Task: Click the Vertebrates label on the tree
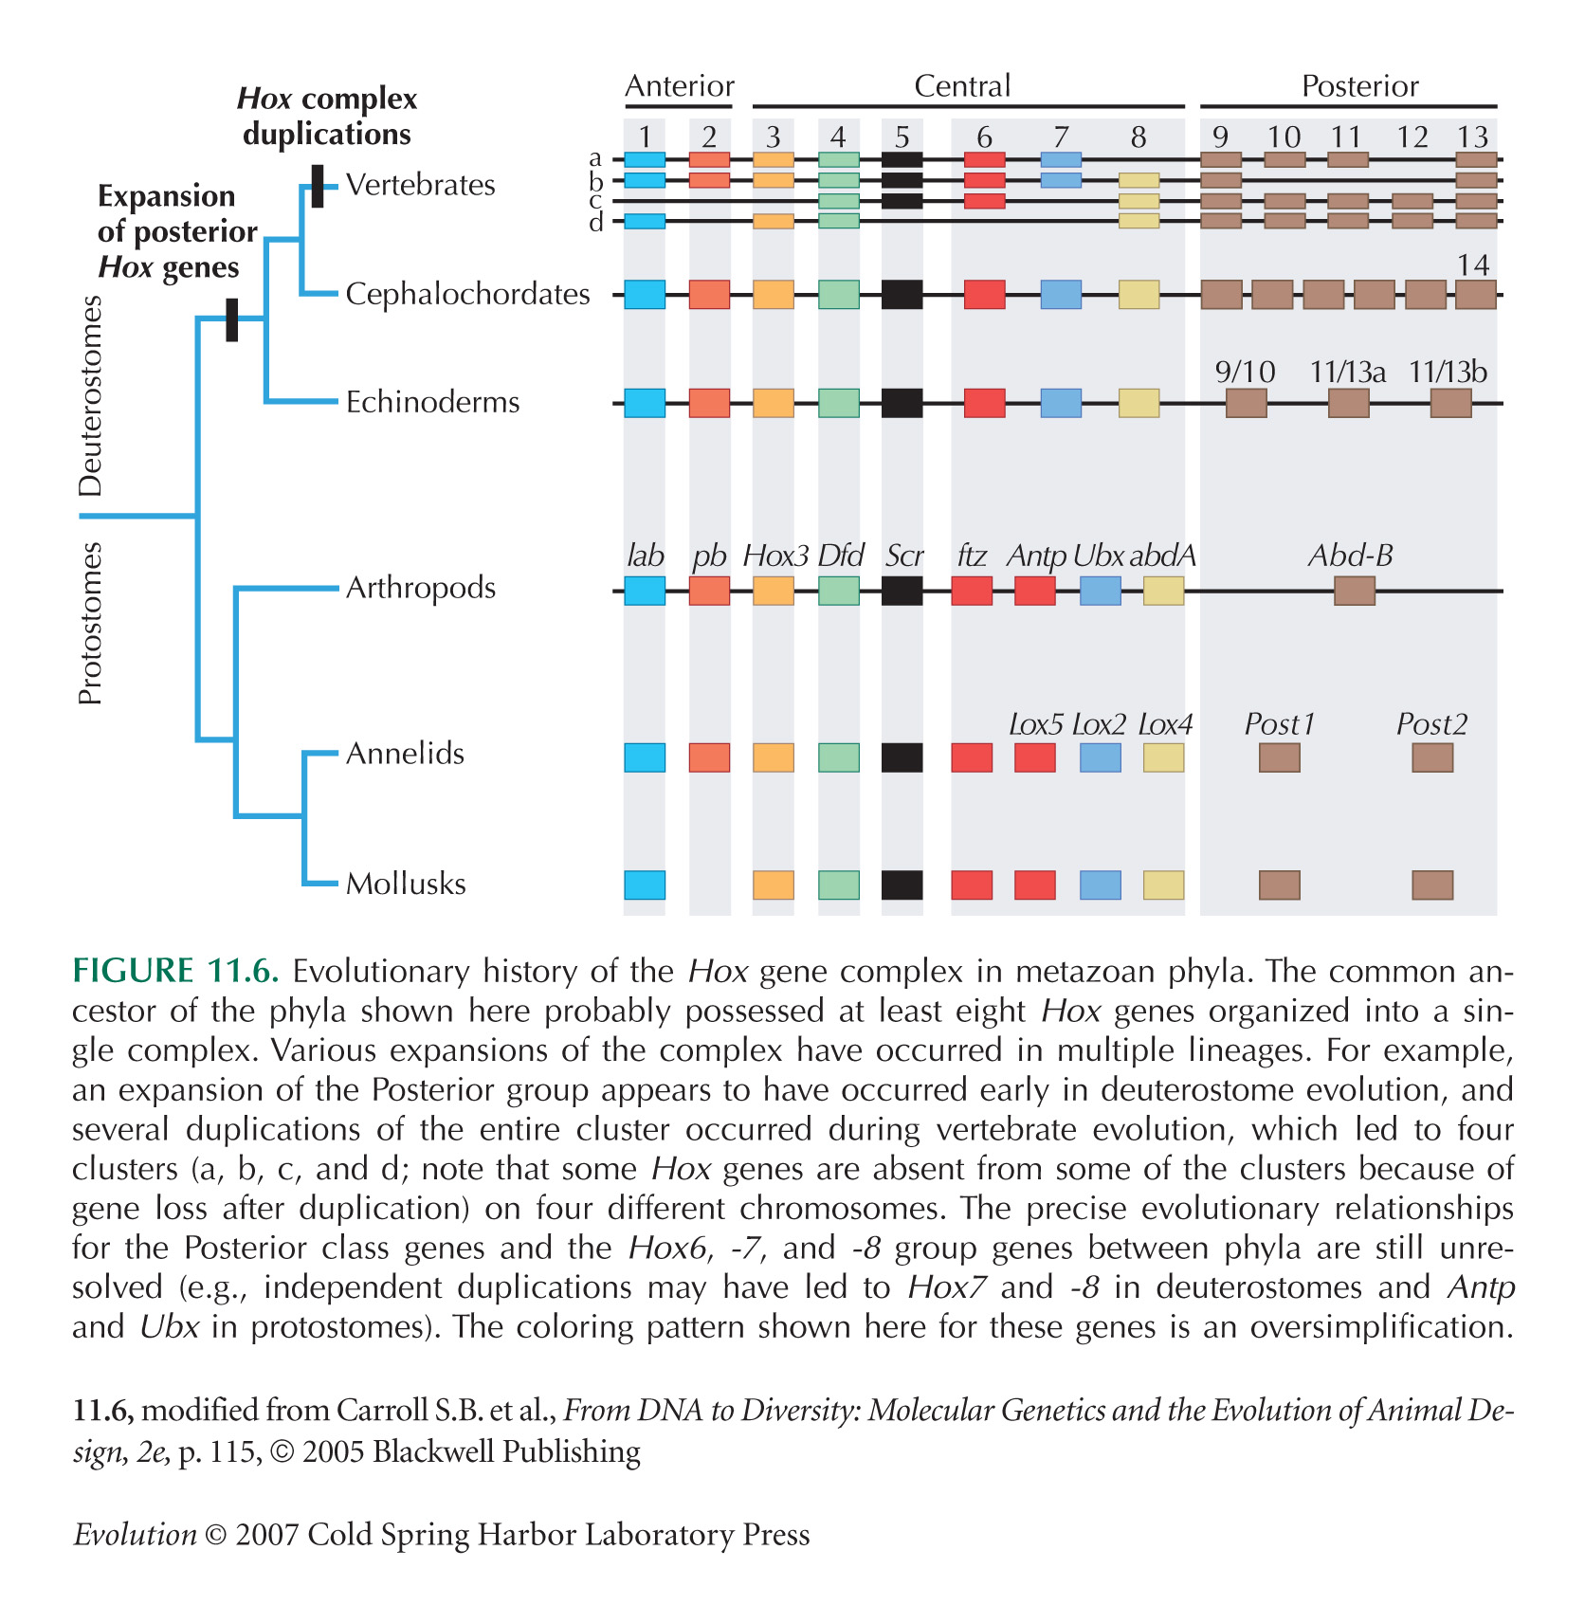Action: coord(420,184)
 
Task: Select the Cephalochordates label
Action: coord(467,294)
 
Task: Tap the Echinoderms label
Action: coord(432,402)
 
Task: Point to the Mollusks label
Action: coord(406,884)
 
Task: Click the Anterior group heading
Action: coord(680,86)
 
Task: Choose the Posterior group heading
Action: coord(1359,86)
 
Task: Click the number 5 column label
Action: coord(902,137)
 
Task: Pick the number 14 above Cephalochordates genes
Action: coord(1473,264)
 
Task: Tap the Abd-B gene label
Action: coord(1350,556)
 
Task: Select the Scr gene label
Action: coord(903,556)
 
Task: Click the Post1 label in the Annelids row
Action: coord(1279,724)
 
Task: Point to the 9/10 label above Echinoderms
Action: coord(1245,372)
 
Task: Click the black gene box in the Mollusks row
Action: coord(902,884)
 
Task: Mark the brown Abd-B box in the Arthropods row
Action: coord(1354,592)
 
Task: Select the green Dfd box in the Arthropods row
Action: coord(838,592)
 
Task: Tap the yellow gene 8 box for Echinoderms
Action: coord(1139,403)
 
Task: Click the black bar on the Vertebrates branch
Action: coord(318,186)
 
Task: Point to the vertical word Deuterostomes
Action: coord(90,396)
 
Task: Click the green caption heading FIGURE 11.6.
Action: coord(175,972)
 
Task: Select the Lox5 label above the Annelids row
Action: coord(1035,724)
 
